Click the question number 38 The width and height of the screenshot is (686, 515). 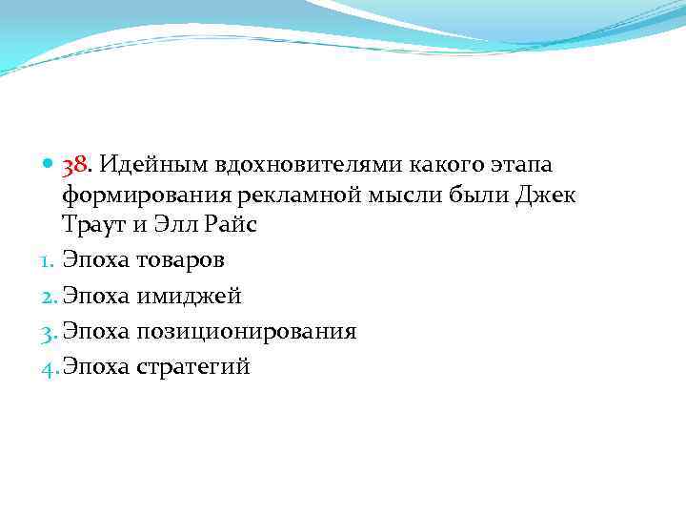point(75,167)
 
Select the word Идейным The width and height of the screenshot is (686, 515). point(143,167)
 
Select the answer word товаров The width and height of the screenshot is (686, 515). point(181,259)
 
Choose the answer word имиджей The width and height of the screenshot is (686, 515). point(190,296)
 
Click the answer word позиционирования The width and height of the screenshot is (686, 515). point(248,331)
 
